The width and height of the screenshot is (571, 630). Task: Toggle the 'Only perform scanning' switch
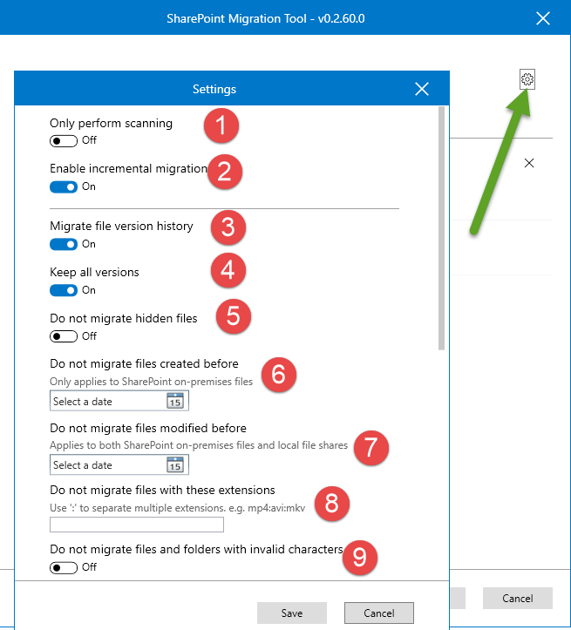(64, 140)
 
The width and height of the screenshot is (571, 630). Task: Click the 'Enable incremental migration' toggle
(64, 186)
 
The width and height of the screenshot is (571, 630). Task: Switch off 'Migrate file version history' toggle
(64, 244)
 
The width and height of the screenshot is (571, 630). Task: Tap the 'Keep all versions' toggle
(64, 290)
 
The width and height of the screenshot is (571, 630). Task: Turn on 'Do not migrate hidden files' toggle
(64, 336)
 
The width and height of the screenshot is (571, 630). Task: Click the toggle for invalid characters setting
(64, 567)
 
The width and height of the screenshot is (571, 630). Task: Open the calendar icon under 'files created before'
(174, 401)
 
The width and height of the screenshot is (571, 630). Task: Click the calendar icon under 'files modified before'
(174, 464)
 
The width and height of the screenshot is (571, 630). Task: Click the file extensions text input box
(137, 525)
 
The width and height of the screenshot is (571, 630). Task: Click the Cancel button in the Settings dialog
(378, 613)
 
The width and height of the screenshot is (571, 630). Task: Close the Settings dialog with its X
(422, 89)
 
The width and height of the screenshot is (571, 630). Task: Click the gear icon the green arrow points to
(527, 79)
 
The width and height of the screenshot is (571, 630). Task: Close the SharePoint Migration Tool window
(543, 18)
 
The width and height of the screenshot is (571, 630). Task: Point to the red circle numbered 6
(278, 374)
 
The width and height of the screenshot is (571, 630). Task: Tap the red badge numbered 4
(228, 269)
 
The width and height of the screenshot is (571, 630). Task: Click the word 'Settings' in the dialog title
(214, 89)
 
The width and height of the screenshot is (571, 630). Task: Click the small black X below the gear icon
(529, 163)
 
